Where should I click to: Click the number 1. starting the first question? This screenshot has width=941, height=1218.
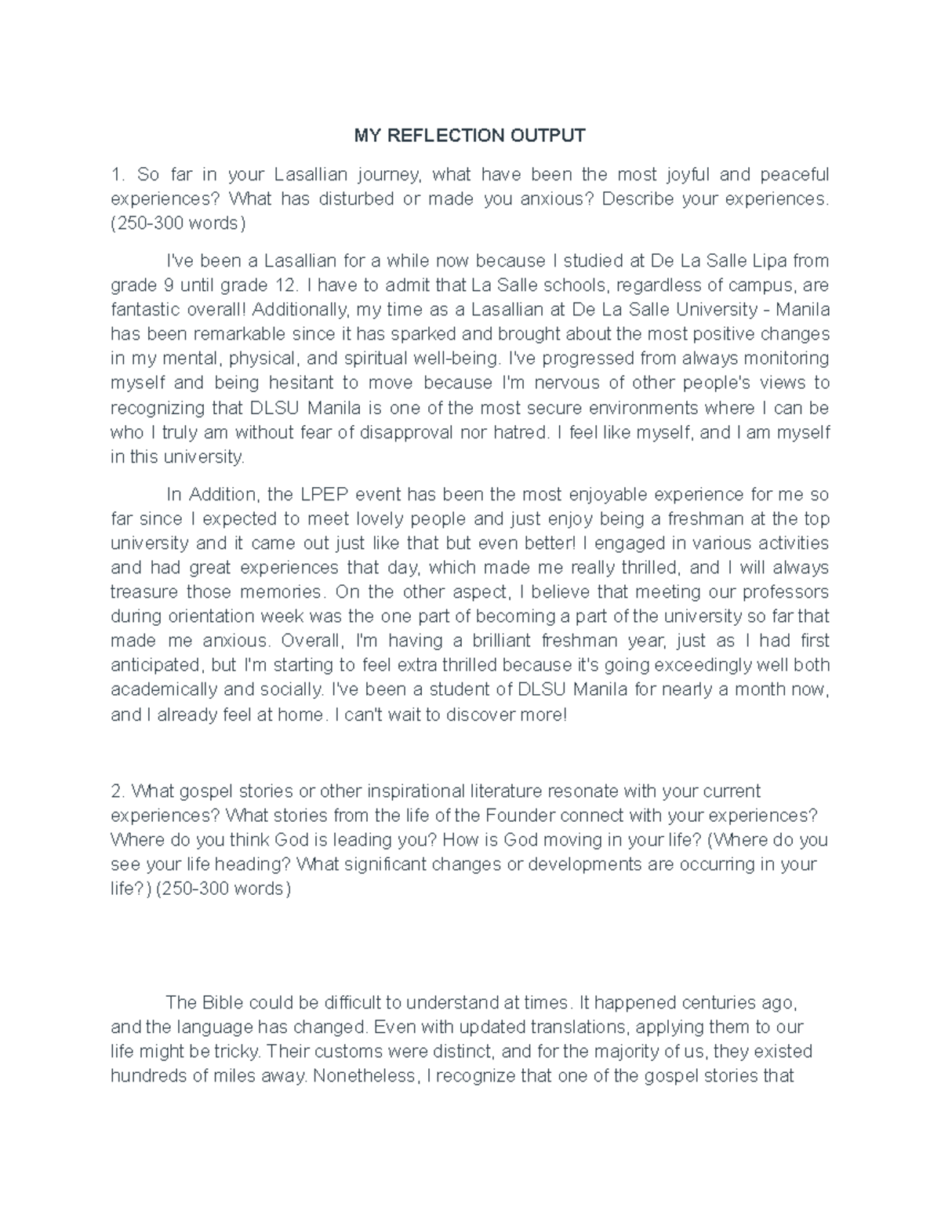(x=118, y=174)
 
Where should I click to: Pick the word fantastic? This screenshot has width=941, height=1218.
(x=141, y=309)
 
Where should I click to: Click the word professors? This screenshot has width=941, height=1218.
(x=787, y=592)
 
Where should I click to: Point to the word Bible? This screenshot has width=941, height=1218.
(x=223, y=1002)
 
